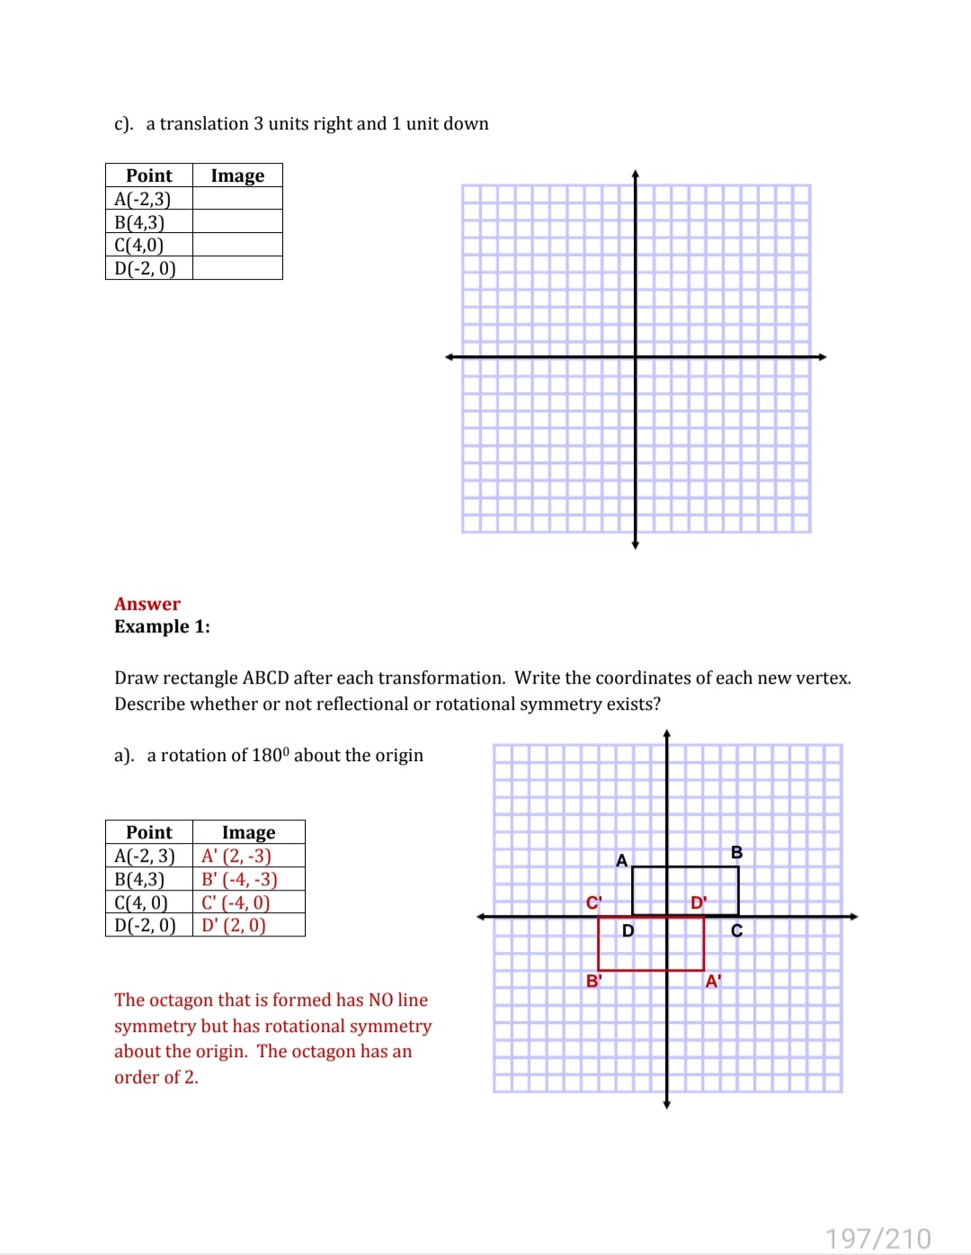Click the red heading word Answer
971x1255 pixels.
[147, 604]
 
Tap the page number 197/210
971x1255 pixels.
[877, 1238]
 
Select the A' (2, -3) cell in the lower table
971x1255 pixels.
[236, 856]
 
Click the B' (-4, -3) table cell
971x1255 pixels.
[239, 879]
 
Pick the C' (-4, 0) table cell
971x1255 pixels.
[236, 902]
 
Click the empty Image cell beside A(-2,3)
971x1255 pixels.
[237, 199]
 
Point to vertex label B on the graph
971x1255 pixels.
[736, 852]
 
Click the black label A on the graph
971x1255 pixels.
[621, 860]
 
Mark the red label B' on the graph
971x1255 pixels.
[593, 981]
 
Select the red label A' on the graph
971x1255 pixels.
[713, 981]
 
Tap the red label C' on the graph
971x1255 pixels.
[593, 902]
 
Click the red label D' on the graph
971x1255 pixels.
[699, 902]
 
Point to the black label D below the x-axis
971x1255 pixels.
[628, 930]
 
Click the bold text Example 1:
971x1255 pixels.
[162, 626]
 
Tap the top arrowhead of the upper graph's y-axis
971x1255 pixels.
[635, 174]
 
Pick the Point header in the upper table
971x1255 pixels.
[149, 175]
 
